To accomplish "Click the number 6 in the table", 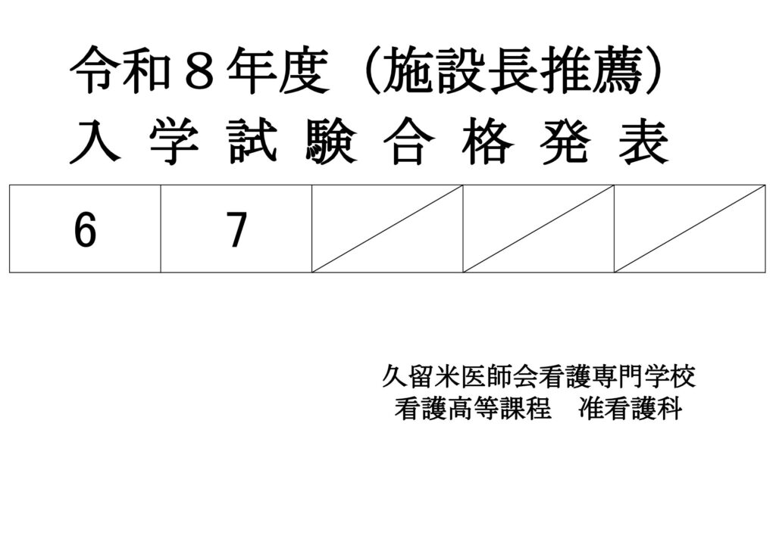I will coord(86,230).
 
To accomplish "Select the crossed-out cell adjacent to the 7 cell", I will coord(387,228).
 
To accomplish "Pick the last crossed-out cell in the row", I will coord(690,228).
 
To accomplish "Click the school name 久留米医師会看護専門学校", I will coord(539,376).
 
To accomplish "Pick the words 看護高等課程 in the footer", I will coord(473,409).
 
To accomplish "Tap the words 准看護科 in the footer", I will coord(630,409).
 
